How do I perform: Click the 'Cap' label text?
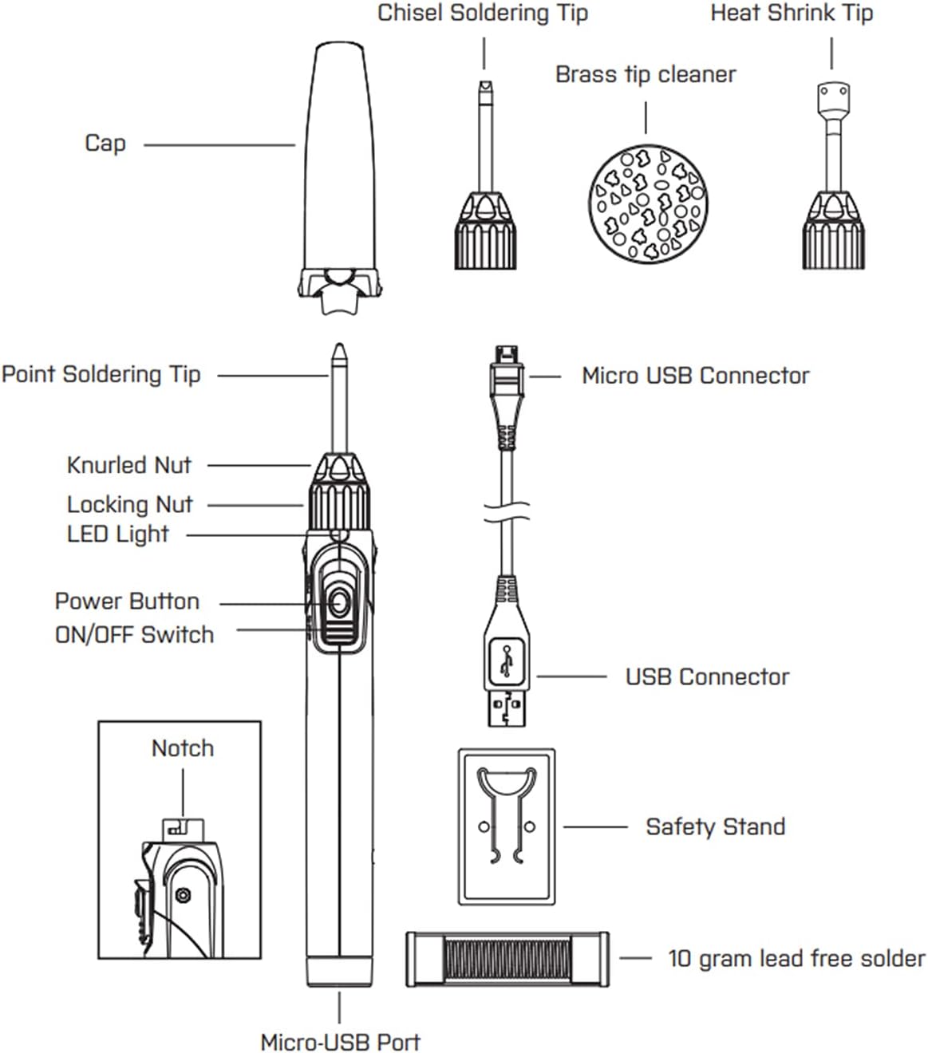[105, 144]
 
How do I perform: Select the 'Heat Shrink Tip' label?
[792, 14]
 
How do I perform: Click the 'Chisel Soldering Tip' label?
[483, 14]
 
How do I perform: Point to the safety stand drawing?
[507, 826]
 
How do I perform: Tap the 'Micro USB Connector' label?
[695, 376]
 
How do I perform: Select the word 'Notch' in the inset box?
[183, 748]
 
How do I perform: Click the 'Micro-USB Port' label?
[340, 1042]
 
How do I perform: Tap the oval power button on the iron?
[339, 603]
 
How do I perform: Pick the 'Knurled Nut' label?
[129, 465]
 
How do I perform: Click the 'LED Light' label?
[118, 534]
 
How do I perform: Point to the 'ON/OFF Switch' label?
[135, 635]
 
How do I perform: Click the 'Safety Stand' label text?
[715, 826]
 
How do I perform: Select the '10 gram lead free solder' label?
[796, 958]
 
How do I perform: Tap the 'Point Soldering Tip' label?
[101, 374]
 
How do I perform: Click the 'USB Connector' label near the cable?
[707, 677]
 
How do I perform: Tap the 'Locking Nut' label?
[130, 505]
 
